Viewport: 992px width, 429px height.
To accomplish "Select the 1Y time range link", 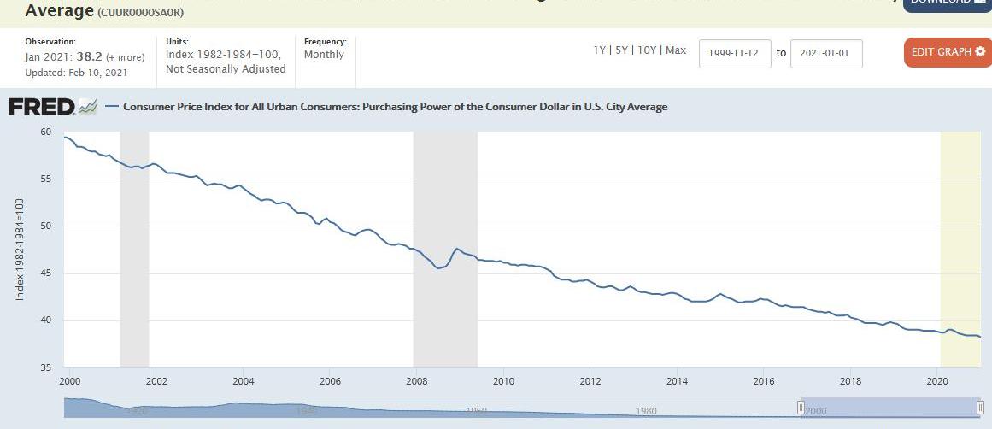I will click(x=600, y=50).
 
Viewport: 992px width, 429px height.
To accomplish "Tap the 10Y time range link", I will click(x=647, y=50).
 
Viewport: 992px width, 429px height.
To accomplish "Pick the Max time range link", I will click(x=676, y=50).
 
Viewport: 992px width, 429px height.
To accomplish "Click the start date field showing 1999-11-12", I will click(x=735, y=53).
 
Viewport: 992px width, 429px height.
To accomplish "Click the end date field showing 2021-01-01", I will click(x=826, y=53).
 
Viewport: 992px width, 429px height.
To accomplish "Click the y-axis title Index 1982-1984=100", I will click(x=20, y=249).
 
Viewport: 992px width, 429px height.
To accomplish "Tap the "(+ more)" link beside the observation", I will click(x=125, y=57).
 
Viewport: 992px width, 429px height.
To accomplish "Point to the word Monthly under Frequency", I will click(x=324, y=55).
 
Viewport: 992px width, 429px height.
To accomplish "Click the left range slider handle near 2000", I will click(x=801, y=408).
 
